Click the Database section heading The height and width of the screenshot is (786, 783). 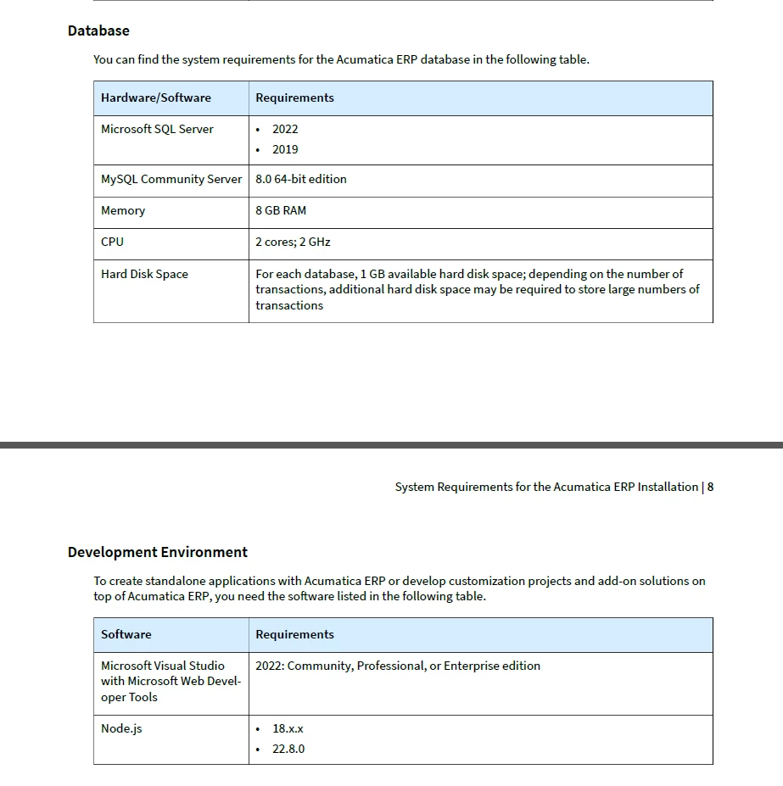coord(98,31)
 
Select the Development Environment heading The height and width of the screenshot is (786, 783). coord(158,552)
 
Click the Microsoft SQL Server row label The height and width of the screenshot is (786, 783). coord(157,129)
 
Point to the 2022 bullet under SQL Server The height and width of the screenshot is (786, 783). coord(285,129)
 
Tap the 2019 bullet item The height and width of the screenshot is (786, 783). coord(285,149)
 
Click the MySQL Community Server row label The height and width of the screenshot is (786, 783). coord(171,179)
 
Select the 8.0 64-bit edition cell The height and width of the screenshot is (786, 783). coord(301,179)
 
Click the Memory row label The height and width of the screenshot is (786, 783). coord(123,210)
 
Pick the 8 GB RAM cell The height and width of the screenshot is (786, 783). coord(281,210)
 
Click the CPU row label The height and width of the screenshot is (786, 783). coord(112,242)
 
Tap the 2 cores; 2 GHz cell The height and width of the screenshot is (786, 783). coord(293,242)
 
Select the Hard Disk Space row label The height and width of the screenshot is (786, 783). coord(144,274)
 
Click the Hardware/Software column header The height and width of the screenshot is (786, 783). coord(156,98)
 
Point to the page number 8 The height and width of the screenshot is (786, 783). coord(710,487)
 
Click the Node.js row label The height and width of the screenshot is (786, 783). coord(121,728)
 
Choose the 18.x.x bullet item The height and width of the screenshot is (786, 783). coord(288,728)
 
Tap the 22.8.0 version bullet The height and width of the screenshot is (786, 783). coord(288,749)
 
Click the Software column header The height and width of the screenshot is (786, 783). coord(126,634)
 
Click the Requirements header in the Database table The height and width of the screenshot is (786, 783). coord(294,98)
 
